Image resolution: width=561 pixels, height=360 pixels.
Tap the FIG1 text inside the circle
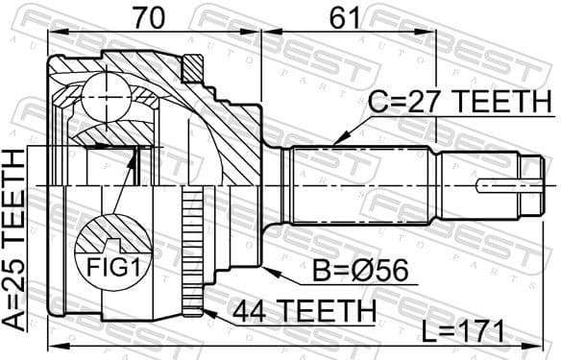click(x=114, y=267)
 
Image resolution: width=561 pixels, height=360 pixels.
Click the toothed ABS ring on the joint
click(x=193, y=250)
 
